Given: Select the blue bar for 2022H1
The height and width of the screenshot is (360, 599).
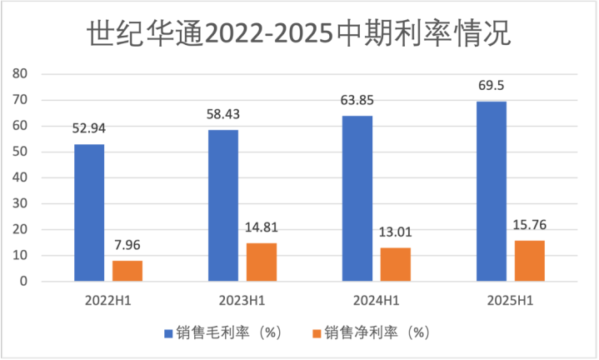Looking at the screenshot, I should pos(89,212).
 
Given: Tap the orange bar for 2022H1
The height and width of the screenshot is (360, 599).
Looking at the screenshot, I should pos(127,271).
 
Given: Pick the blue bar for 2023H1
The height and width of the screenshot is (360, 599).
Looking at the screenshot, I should pos(222,206).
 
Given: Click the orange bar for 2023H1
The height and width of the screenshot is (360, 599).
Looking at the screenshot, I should pos(261,262).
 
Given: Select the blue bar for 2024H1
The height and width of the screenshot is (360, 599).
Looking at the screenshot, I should pos(357,198).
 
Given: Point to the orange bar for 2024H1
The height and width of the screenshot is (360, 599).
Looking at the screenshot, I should pos(395,264).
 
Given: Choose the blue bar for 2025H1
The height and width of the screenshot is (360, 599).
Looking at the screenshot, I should pos(491,191).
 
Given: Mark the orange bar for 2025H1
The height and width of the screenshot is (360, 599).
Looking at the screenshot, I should pos(529,261).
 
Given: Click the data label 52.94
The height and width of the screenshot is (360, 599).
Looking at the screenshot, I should pos(89,128).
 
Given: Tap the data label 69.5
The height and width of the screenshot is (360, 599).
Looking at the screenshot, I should pos(491,85).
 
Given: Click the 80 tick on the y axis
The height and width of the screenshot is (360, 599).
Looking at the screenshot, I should pos(21,74).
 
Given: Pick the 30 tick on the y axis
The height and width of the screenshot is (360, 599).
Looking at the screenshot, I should pos(21,203).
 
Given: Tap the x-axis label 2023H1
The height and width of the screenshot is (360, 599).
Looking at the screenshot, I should pos(242,298).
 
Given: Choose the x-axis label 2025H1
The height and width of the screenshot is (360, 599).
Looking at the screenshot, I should pos(510,298).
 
